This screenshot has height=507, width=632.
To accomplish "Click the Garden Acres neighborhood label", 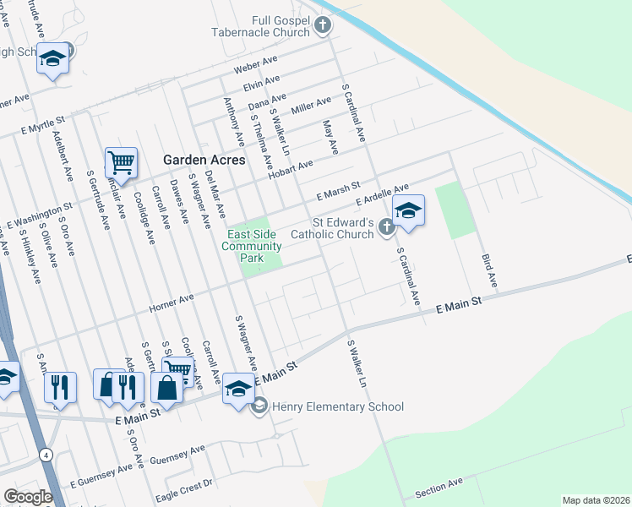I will [204, 160].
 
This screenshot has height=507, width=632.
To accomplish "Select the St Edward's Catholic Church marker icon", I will [386, 226].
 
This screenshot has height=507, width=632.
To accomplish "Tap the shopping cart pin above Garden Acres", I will [121, 163].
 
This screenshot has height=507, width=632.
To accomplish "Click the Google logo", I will [28, 497].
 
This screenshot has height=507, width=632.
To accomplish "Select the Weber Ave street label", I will [257, 65].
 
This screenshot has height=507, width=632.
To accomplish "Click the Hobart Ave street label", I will [291, 167].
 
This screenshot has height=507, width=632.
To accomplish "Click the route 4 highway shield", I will [44, 455].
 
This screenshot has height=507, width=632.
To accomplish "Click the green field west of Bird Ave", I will [456, 210].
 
